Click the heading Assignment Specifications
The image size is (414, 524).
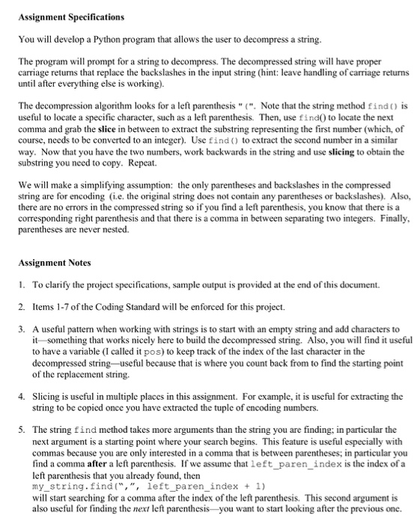point(61,15)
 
